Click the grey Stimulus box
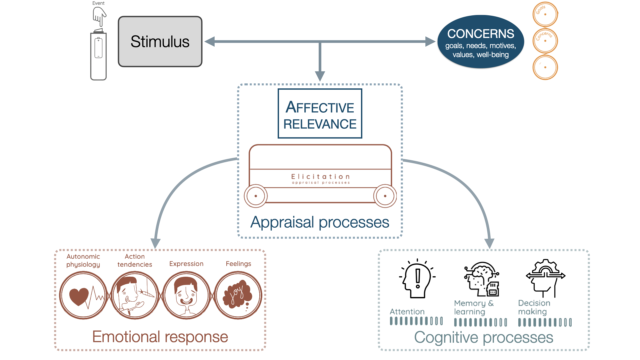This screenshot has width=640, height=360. tap(160, 42)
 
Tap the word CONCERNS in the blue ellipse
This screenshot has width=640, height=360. tap(480, 34)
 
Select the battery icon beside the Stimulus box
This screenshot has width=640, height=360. tap(98, 55)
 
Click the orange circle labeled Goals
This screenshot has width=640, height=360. tap(545, 14)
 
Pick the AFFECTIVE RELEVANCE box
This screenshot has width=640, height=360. tap(320, 114)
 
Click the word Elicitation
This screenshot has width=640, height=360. tap(320, 177)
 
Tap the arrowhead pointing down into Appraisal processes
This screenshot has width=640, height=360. tap(320, 76)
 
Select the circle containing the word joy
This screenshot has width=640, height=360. tap(238, 295)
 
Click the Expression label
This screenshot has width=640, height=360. tap(186, 264)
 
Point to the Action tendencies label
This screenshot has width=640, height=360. tap(135, 260)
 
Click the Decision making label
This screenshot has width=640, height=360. tap(534, 307)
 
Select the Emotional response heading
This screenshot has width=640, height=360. tap(160, 337)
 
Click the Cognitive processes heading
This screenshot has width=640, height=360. tap(483, 337)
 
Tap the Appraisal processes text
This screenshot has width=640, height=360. tap(320, 222)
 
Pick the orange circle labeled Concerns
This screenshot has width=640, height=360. tap(545, 41)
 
